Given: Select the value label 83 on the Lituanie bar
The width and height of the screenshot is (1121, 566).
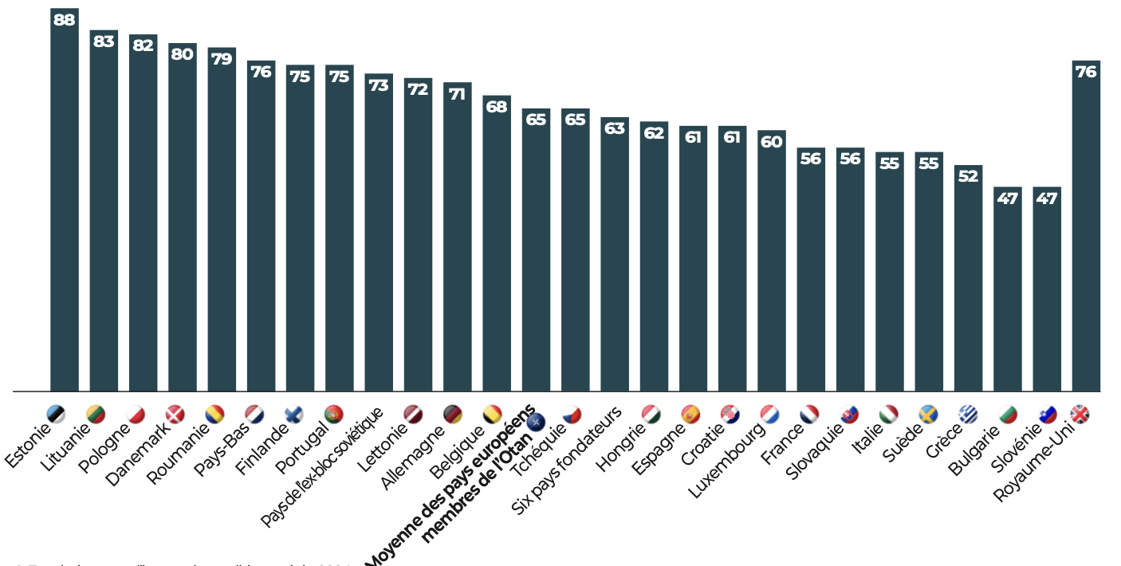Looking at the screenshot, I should click(x=104, y=41).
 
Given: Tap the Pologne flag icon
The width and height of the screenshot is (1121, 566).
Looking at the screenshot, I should click(x=136, y=415).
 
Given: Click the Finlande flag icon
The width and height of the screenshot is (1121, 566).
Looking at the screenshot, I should click(x=293, y=415).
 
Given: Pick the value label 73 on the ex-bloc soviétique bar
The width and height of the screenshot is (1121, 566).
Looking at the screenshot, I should click(x=379, y=85).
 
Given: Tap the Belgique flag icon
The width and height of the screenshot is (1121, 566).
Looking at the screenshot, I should click(x=492, y=415).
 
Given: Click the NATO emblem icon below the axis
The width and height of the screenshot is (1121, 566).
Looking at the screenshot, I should click(x=533, y=420).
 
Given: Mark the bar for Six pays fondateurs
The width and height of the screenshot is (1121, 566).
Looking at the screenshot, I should click(x=615, y=254).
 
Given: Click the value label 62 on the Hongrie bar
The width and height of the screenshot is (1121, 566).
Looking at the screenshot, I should click(x=654, y=133).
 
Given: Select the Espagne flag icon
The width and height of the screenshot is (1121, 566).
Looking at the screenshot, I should click(x=690, y=415).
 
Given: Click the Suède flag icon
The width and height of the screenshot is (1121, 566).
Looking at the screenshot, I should click(x=927, y=415).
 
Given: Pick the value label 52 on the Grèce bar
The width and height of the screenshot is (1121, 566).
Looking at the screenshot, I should click(x=968, y=176).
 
